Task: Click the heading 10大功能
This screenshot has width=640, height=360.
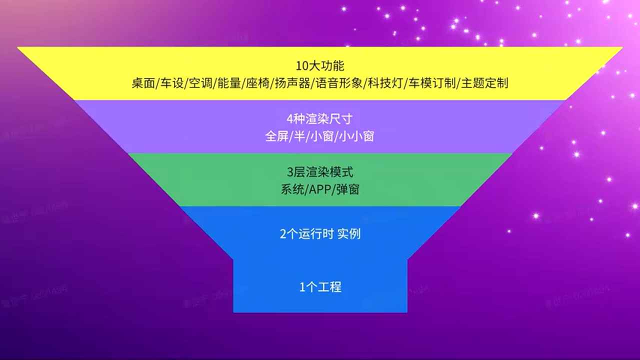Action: pyautogui.click(x=320, y=65)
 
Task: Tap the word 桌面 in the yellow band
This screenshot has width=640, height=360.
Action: pyautogui.click(x=142, y=83)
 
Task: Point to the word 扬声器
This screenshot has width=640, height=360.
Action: pyautogui.click(x=290, y=83)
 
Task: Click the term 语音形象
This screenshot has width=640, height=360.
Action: pyautogui.click(x=339, y=83)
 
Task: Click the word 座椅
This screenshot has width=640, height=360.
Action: pyautogui.click(x=256, y=83)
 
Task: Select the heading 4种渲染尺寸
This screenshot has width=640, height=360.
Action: pyautogui.click(x=320, y=119)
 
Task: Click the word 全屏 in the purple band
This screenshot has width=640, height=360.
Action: pyautogui.click(x=276, y=136)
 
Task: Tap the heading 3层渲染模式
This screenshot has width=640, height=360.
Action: pyautogui.click(x=320, y=172)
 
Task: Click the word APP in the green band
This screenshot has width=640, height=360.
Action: pyautogui.click(x=319, y=190)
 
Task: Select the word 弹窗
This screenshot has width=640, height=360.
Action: pyautogui.click(x=347, y=190)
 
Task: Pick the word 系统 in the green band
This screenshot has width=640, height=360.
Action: pyautogui.click(x=291, y=190)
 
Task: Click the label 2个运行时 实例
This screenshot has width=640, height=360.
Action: pyautogui.click(x=320, y=233)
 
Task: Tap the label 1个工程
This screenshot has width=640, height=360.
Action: pyautogui.click(x=320, y=287)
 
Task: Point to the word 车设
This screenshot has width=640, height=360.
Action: pyautogui.click(x=170, y=83)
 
